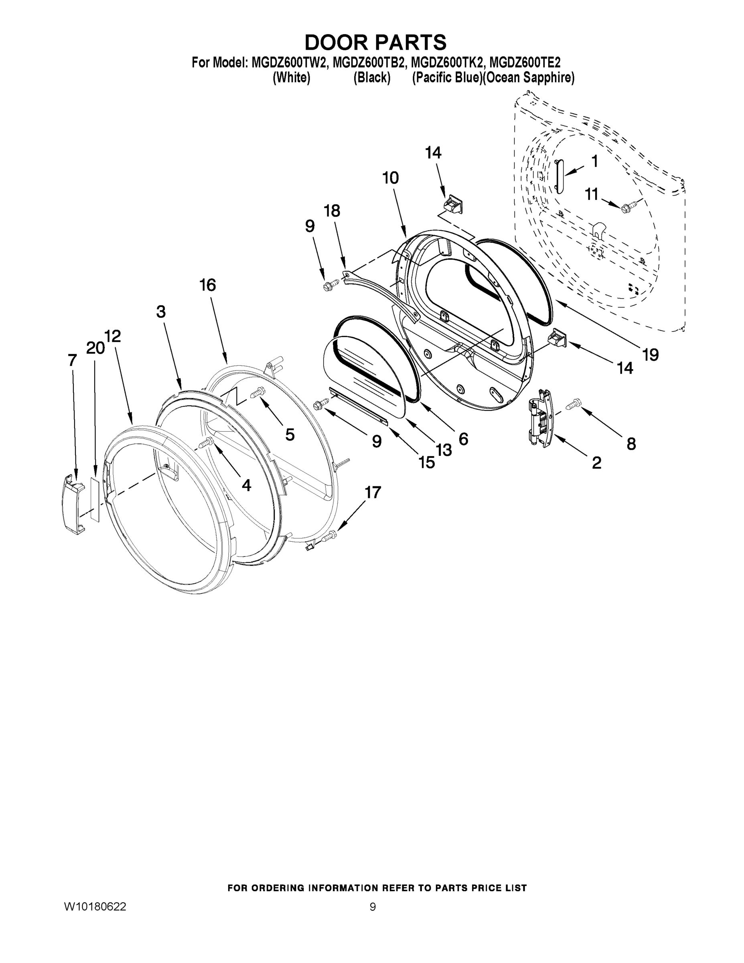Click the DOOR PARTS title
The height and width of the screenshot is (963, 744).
375,42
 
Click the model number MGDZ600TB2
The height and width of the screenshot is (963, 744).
368,62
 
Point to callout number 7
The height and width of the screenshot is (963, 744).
72,360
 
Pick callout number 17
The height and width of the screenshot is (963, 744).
373,492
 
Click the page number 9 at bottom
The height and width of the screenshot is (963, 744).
373,907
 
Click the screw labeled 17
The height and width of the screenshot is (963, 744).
329,536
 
